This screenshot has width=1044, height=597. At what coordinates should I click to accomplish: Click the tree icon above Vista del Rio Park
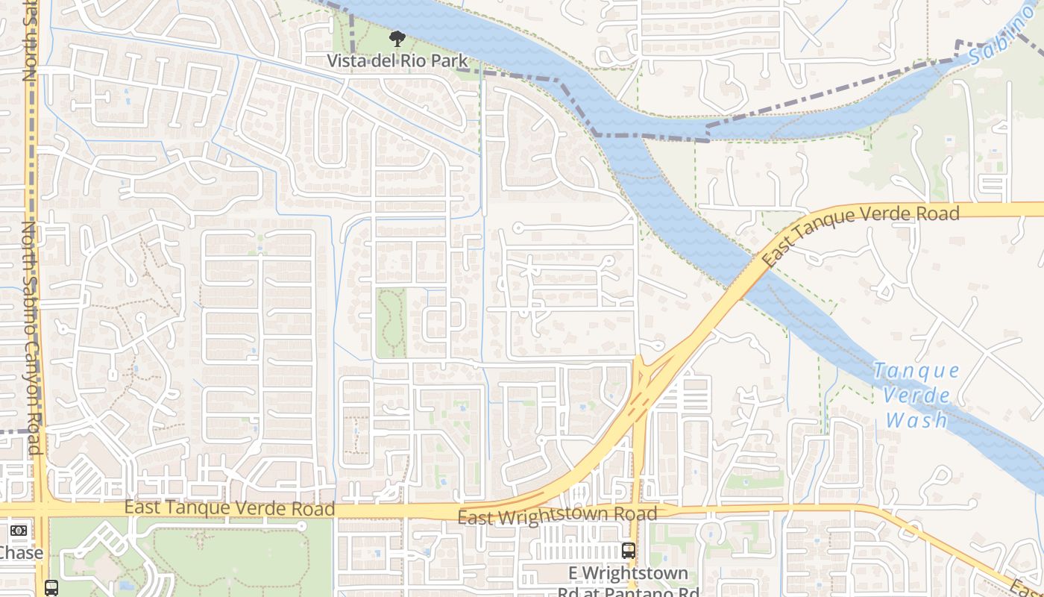click(x=397, y=39)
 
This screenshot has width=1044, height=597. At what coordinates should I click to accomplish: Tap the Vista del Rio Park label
click(x=397, y=61)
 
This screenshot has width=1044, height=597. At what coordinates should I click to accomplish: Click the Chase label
click(x=21, y=553)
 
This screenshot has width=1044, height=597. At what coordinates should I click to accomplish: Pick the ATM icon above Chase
click(x=19, y=531)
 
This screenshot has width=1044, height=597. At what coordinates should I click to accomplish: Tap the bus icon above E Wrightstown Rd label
click(x=629, y=551)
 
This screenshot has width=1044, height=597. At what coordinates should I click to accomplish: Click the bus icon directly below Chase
click(x=51, y=587)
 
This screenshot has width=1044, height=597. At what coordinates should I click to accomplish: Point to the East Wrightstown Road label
click(x=557, y=515)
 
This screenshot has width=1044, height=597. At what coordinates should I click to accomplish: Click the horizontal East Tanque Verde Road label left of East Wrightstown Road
click(x=229, y=509)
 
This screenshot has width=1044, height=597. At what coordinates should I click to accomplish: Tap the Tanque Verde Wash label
click(x=916, y=395)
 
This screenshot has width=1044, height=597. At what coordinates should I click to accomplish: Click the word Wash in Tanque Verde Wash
click(x=916, y=419)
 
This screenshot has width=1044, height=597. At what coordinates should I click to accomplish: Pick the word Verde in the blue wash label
click(x=916, y=395)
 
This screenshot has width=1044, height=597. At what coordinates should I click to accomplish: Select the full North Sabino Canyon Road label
click(x=30, y=336)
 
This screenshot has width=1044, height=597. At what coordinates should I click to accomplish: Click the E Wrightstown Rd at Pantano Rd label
click(x=629, y=582)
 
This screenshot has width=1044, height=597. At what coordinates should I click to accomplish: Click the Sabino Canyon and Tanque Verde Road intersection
click(x=41, y=510)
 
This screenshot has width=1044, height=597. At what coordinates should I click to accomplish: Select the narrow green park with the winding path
click(x=391, y=322)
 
